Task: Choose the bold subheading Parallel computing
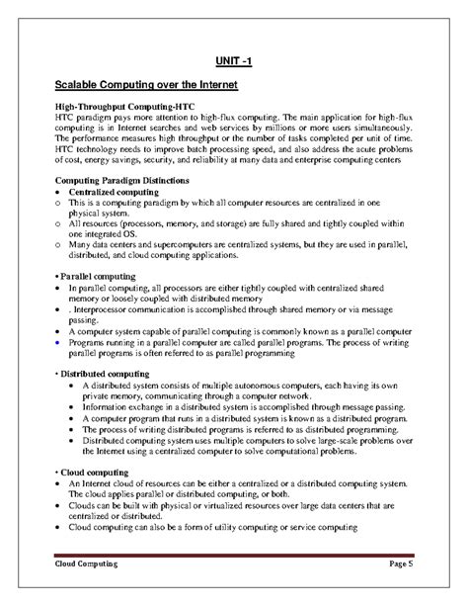pyautogui.click(x=100, y=273)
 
